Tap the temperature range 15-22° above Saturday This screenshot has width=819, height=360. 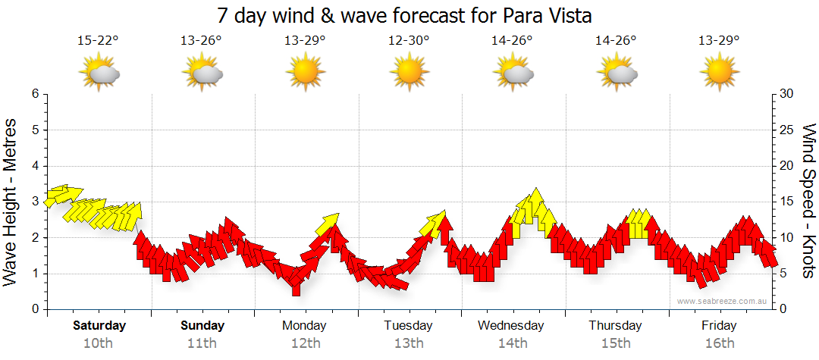tap(98, 41)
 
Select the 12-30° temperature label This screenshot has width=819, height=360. tap(408, 41)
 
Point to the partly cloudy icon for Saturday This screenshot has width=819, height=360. tap(99, 73)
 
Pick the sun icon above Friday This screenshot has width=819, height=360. tap(719, 73)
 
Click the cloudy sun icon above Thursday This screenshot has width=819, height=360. tap(616, 73)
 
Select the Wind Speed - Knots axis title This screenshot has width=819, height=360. tap(807, 202)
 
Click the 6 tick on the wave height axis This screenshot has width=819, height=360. tap(34, 94)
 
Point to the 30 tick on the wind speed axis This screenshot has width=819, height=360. tap(788, 94)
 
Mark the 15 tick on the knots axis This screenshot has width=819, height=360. tap(788, 202)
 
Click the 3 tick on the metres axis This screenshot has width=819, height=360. tap(34, 202)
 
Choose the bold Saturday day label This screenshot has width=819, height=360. tap(99, 326)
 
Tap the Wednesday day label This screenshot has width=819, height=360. tap(511, 326)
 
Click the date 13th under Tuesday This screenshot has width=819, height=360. tap(408, 343)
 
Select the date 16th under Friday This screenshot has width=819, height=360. tap(719, 343)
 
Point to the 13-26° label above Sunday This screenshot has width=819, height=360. tap(201, 41)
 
